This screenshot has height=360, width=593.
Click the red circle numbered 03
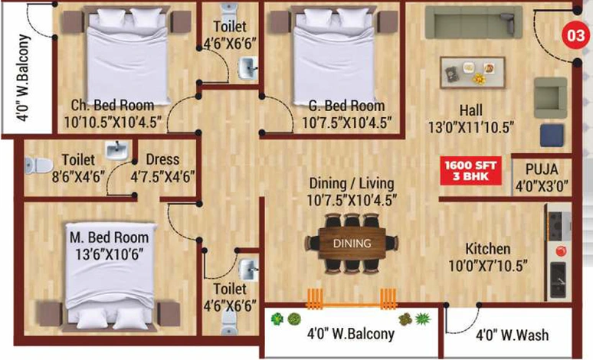coord(575,36)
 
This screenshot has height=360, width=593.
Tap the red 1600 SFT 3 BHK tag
coord(471,171)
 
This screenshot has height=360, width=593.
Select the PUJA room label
coord(542,169)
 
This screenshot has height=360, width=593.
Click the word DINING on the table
coord(352,244)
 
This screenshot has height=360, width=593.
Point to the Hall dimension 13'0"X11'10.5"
coord(471,128)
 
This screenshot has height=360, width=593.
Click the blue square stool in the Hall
coord(552,135)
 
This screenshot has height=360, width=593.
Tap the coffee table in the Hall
coord(473,73)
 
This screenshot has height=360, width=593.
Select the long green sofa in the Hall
coord(473,22)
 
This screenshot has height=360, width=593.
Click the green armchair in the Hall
coord(550,97)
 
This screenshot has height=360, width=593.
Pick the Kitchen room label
coord(488,249)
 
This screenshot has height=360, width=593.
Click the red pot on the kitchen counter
coord(561,251)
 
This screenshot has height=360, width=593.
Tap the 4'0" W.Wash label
coord(512,335)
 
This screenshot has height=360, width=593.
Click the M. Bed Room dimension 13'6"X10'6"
coord(110,254)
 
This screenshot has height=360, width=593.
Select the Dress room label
coord(162,159)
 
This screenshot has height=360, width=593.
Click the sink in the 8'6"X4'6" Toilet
coord(117,149)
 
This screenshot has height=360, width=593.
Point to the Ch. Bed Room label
coord(113,105)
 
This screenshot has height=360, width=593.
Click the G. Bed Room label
coord(346,106)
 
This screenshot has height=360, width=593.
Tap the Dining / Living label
coord(352,184)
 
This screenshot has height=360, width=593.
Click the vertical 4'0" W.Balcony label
coord(23,78)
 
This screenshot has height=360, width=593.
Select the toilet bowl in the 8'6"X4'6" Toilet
coord(38,165)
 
